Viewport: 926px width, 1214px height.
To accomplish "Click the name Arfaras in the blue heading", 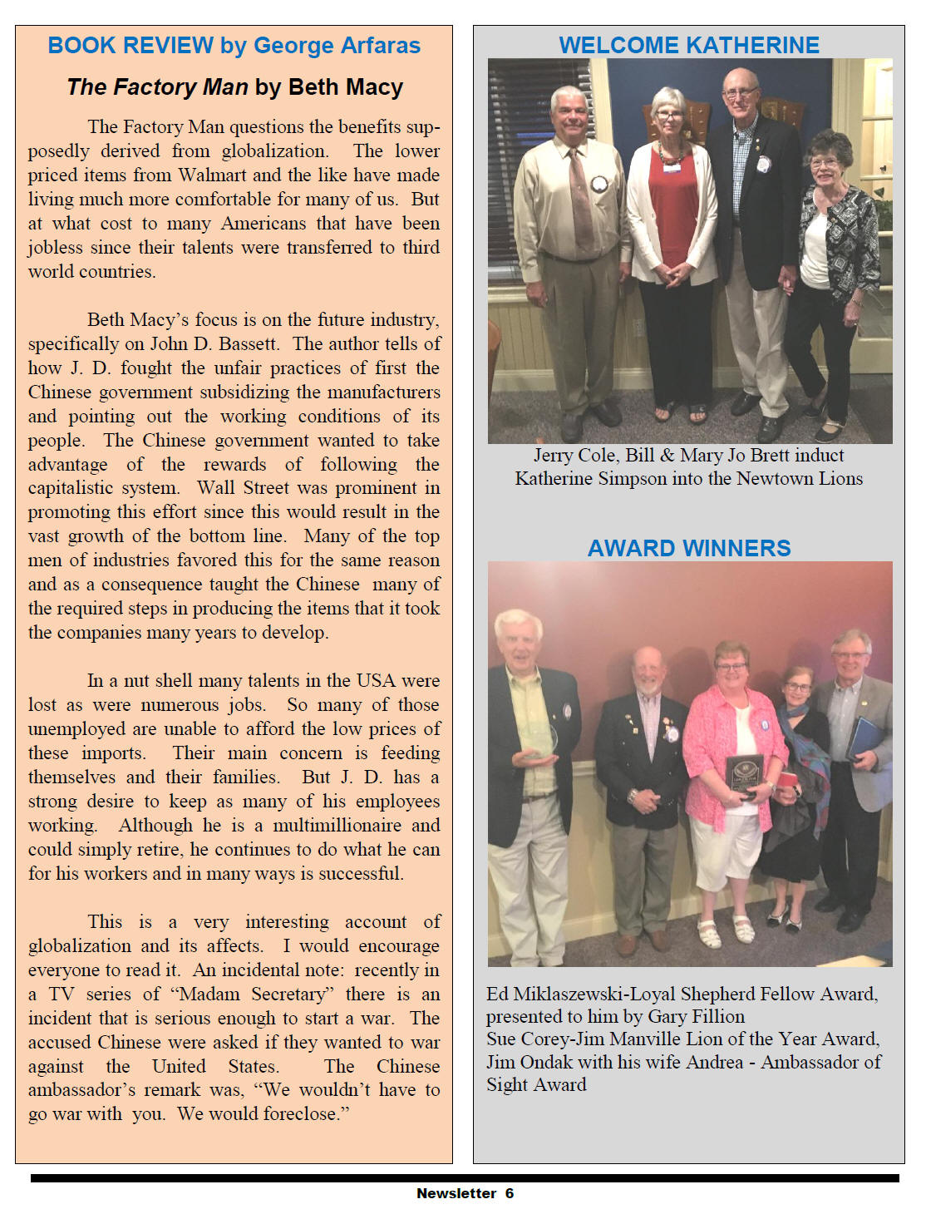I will point(377,45).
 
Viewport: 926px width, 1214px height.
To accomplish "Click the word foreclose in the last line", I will point(298,1114).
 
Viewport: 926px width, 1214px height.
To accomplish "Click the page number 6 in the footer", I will point(510,1194).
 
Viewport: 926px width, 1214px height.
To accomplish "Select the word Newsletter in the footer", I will point(456,1194).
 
